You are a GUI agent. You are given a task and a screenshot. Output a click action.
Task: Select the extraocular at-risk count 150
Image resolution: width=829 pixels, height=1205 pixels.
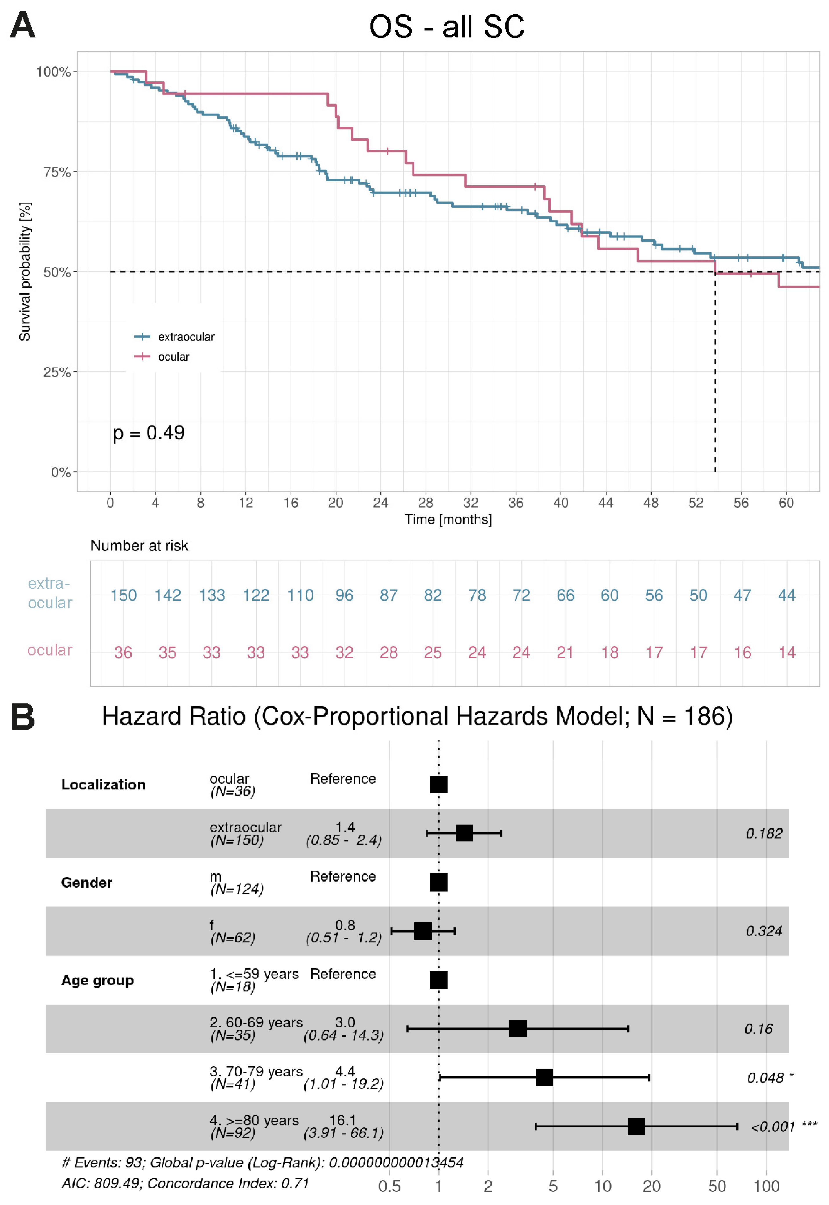(x=123, y=595)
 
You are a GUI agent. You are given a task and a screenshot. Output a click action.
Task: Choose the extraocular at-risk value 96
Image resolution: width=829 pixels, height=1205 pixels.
(x=344, y=595)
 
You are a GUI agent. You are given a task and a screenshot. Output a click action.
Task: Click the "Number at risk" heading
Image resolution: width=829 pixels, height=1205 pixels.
(x=139, y=546)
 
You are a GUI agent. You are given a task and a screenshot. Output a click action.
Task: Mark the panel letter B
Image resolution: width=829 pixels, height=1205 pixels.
(x=23, y=717)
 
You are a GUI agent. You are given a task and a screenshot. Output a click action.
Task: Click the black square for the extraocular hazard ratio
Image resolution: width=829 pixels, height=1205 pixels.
(x=464, y=833)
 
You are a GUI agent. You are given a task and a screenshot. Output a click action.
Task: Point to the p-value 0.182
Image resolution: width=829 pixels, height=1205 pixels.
(x=763, y=834)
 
